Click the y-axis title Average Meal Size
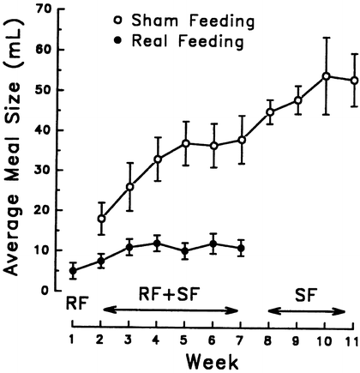pyautogui.click(x=15, y=150)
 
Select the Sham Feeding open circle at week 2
pyautogui.click(x=101, y=219)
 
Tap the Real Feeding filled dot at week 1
pyautogui.click(x=73, y=270)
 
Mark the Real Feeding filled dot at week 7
pyautogui.click(x=241, y=249)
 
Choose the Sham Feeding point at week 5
pyautogui.click(x=185, y=142)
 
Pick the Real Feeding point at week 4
pyautogui.click(x=157, y=244)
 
